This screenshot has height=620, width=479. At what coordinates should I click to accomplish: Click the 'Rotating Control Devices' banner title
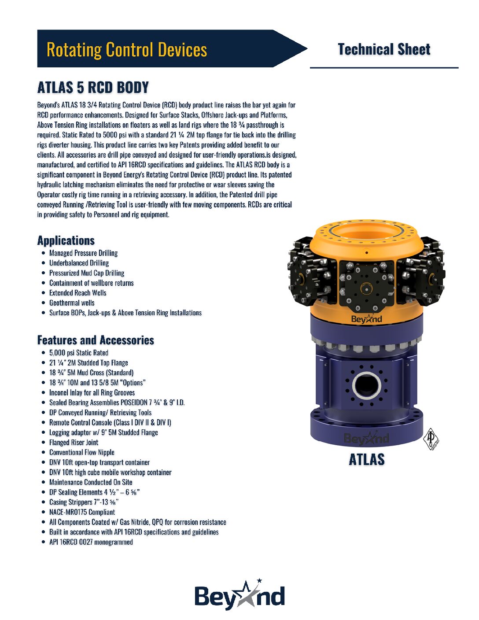[127, 49]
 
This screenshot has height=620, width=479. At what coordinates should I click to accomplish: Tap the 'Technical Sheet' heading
[384, 49]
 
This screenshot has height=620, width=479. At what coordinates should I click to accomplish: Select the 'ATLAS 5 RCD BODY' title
[93, 87]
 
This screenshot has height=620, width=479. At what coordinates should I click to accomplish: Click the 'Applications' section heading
[66, 240]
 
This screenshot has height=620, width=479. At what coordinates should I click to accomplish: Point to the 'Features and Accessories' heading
[96, 340]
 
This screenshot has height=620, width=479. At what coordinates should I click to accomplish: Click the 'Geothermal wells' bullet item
[72, 303]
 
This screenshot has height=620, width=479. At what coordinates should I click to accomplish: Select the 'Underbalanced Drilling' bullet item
[79, 263]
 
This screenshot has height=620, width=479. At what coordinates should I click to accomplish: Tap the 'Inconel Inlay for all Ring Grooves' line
[92, 393]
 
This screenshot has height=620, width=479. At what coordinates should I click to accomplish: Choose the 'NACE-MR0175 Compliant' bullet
[82, 512]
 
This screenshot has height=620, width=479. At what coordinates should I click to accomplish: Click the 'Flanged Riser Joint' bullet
[74, 442]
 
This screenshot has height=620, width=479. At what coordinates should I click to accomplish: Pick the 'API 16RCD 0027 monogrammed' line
[91, 542]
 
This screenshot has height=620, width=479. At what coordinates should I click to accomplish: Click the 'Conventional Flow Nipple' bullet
[82, 452]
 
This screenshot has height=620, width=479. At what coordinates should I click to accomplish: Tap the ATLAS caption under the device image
[367, 460]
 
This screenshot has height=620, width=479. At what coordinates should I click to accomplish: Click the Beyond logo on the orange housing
[367, 319]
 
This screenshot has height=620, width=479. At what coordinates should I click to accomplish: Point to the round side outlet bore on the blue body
[366, 385]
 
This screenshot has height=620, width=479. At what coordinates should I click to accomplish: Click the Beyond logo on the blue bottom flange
[366, 439]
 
